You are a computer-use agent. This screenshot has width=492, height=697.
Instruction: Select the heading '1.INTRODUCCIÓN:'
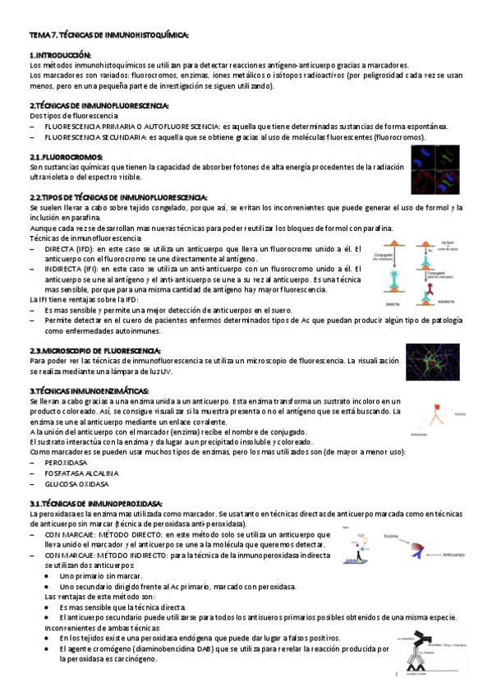coord(62,54)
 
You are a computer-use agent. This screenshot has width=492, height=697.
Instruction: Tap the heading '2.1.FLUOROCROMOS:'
coord(67,156)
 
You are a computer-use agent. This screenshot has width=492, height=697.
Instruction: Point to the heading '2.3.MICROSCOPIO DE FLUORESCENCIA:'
coord(94,351)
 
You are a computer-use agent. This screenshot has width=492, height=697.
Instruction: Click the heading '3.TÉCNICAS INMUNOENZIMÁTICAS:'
coord(85,390)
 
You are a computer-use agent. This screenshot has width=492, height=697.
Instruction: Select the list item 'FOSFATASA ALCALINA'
coord(81,473)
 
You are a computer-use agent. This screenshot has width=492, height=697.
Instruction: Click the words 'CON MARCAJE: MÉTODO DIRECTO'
coord(103,533)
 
